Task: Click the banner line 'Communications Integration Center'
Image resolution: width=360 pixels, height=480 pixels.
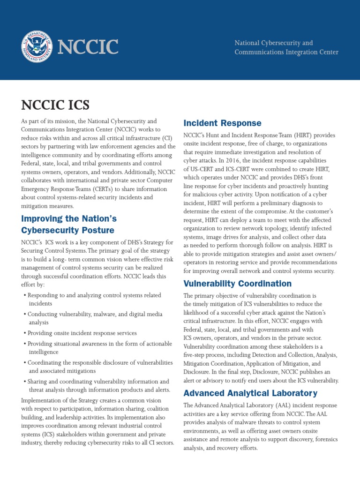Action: tap(286, 52)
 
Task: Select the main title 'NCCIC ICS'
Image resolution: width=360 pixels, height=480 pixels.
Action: tap(55, 104)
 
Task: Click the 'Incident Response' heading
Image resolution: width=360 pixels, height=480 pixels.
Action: tap(222, 123)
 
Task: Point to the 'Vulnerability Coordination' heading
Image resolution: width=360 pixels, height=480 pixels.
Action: tap(237, 284)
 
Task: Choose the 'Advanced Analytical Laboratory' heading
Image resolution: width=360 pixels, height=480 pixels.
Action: tap(250, 393)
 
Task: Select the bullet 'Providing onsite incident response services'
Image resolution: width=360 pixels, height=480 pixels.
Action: tap(82, 333)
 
